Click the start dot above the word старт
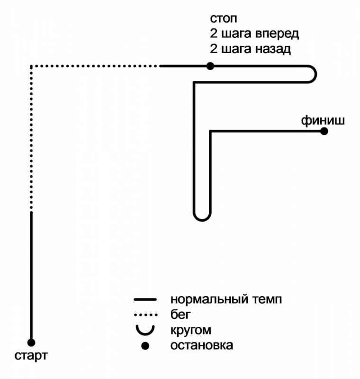(31, 342)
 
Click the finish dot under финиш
(324, 131)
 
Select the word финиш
(323, 119)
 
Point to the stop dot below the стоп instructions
(210, 66)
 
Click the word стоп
(223, 19)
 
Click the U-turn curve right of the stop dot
(314, 74)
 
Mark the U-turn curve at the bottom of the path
(202, 217)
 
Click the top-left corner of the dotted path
(31, 66)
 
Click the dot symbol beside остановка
(145, 345)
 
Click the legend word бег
(181, 314)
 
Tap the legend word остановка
(202, 345)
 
